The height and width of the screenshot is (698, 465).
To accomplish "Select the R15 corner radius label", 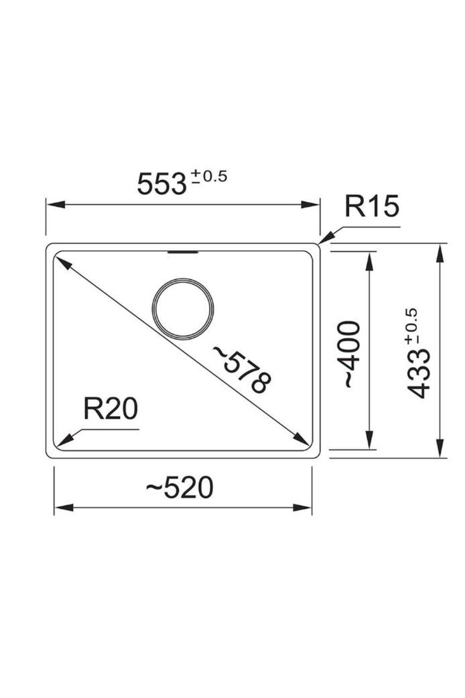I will coord(371,207).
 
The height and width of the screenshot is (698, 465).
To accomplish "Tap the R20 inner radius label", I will coord(110,409).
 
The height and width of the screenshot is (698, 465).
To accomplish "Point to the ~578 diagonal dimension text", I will coord(241,370).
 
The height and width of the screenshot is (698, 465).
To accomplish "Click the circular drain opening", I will coord(183,309).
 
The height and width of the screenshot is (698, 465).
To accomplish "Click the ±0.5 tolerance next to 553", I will coord(209,177).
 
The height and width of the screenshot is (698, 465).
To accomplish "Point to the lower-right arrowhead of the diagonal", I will coord(301,439).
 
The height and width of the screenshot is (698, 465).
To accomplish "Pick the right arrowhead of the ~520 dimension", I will coord(303,508).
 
